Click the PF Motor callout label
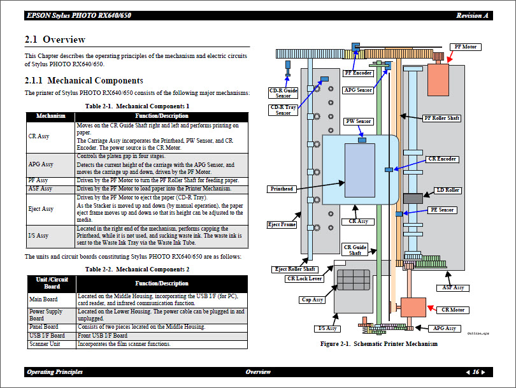pyautogui.click(x=464, y=47)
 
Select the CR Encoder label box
pyautogui.click(x=441, y=159)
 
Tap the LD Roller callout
pyautogui.click(x=448, y=190)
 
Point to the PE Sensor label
pyautogui.click(x=441, y=210)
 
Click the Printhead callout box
pyautogui.click(x=282, y=189)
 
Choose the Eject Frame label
pyautogui.click(x=282, y=224)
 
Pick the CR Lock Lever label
pyautogui.click(x=305, y=278)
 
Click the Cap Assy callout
pyautogui.click(x=312, y=299)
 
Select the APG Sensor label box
pyautogui.click(x=358, y=90)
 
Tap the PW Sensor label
pyautogui.click(x=358, y=121)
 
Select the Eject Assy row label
pyautogui.click(x=41, y=209)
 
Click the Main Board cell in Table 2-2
pyautogui.click(x=43, y=299)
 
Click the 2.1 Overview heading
pyautogui.click(x=55, y=40)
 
